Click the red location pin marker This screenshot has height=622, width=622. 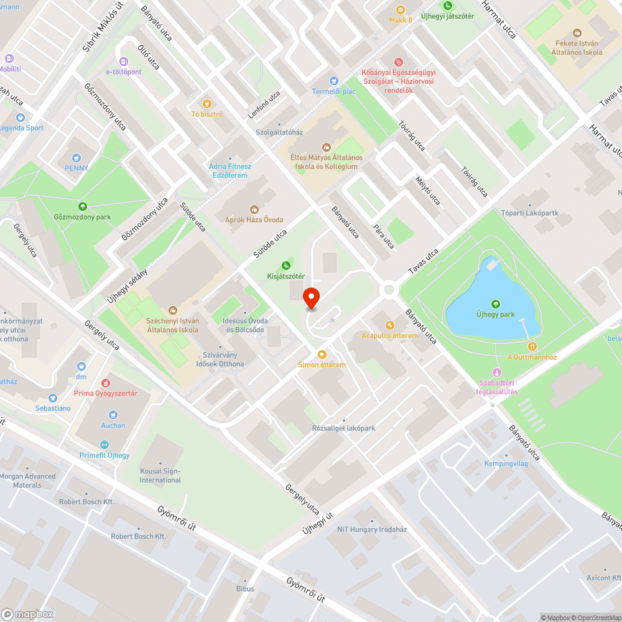311,299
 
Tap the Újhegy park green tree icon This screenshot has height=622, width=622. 495,304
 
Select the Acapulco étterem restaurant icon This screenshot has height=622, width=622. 389,325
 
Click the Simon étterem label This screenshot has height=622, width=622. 322,364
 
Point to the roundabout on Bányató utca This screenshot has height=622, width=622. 389,289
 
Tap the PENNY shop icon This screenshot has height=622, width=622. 77,158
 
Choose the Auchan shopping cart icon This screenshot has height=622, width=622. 113,414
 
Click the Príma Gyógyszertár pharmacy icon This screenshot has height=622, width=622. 105,383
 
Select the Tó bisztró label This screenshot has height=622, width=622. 207,114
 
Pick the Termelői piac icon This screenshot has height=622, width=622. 333,81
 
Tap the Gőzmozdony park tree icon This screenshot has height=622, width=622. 82,206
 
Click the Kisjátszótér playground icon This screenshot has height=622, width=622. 286,266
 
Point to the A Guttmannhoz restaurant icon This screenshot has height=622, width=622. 532,346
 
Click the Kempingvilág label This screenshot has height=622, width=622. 506,463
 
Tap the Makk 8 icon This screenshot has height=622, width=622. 401,9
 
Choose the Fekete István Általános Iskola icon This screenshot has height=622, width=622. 577,32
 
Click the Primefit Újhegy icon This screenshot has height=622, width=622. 104,444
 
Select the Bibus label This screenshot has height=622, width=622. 245,588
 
